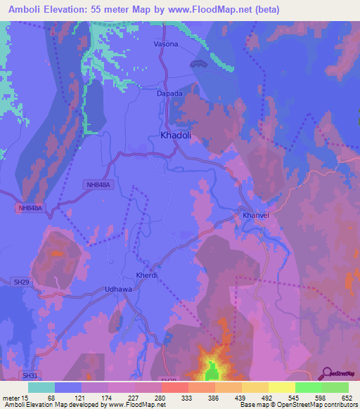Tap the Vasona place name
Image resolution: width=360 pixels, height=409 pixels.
pyautogui.click(x=166, y=44)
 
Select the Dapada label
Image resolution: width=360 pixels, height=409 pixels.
pyautogui.click(x=169, y=93)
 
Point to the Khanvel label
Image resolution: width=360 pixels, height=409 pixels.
pyautogui.click(x=256, y=215)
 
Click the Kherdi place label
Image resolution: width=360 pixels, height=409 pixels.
pyautogui.click(x=147, y=275)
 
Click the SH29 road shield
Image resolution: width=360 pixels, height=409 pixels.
pyautogui.click(x=22, y=262)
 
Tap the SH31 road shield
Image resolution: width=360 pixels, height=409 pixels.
pyautogui.click(x=28, y=375)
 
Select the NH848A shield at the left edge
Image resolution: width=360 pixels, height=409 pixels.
pyautogui.click(x=30, y=208)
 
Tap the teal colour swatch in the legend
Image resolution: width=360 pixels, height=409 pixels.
pyautogui.click(x=41, y=387)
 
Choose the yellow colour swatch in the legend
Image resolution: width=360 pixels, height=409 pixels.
pyautogui.click(x=255, y=387)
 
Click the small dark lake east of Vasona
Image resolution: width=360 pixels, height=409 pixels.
pyautogui.click(x=199, y=65)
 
